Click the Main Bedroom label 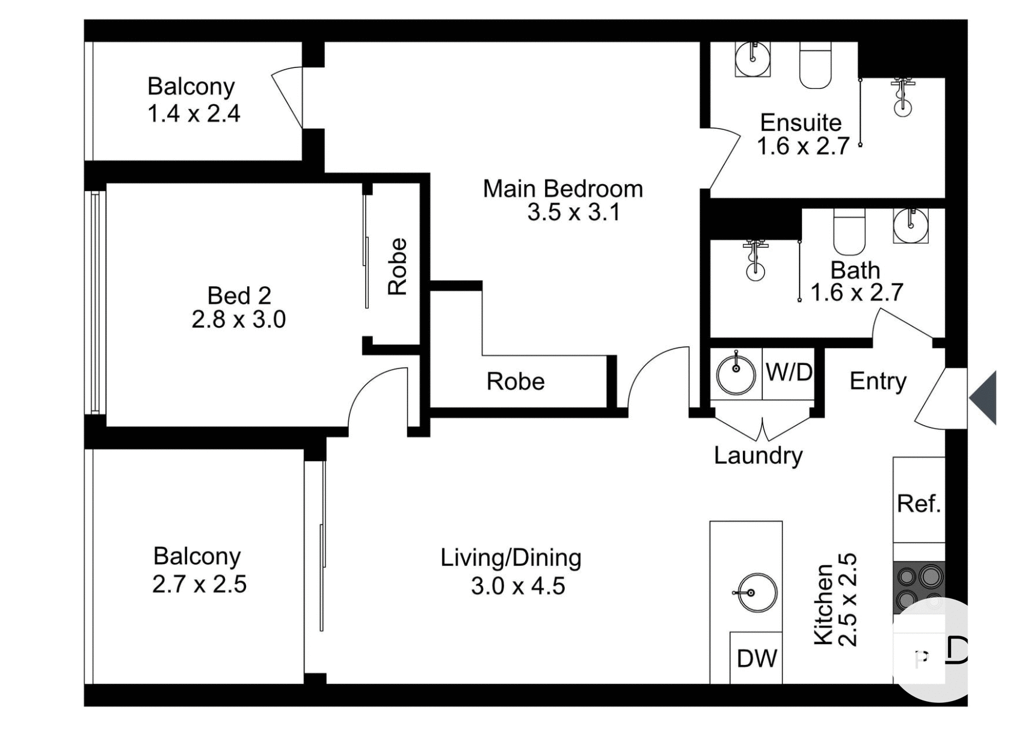[562, 189]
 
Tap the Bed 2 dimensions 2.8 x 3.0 [238, 319]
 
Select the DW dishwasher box [756, 658]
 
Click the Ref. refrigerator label [918, 503]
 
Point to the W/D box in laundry [789, 373]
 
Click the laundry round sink [736, 374]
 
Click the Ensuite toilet [815, 65]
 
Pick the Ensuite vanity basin [753, 58]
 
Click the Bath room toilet [849, 232]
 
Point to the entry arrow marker [984, 398]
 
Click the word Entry [877, 381]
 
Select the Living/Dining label [511, 558]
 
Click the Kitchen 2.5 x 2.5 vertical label [834, 600]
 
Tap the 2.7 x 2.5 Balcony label [199, 584]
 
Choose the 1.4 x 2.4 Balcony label [193, 113]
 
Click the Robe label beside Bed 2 [398, 266]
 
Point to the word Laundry [758, 455]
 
